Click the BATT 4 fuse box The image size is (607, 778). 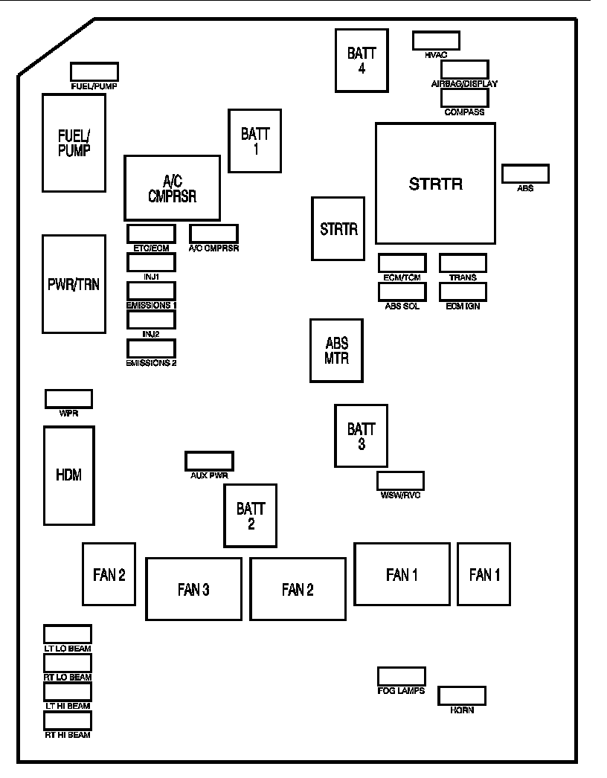[x=362, y=60]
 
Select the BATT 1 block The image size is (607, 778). [x=255, y=141]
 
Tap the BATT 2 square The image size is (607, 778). [x=251, y=515]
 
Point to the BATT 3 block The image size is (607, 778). [x=361, y=436]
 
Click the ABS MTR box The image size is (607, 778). [x=336, y=350]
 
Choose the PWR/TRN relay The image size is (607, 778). [x=74, y=284]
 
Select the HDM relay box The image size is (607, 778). [x=68, y=475]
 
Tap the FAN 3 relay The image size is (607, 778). [x=193, y=589]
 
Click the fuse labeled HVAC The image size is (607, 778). [x=436, y=40]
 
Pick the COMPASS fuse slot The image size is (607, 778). [x=464, y=98]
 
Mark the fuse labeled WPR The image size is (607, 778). [x=68, y=398]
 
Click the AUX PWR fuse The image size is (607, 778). [x=209, y=460]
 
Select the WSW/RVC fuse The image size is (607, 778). [x=400, y=480]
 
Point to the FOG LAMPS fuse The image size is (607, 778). [x=401, y=676]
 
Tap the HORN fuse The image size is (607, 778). [x=461, y=695]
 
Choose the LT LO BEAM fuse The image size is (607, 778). [x=68, y=634]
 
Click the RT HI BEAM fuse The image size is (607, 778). [x=68, y=721]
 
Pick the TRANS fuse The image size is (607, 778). [x=463, y=263]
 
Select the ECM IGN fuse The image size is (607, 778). [x=463, y=292]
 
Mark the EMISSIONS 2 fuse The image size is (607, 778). [x=151, y=348]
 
